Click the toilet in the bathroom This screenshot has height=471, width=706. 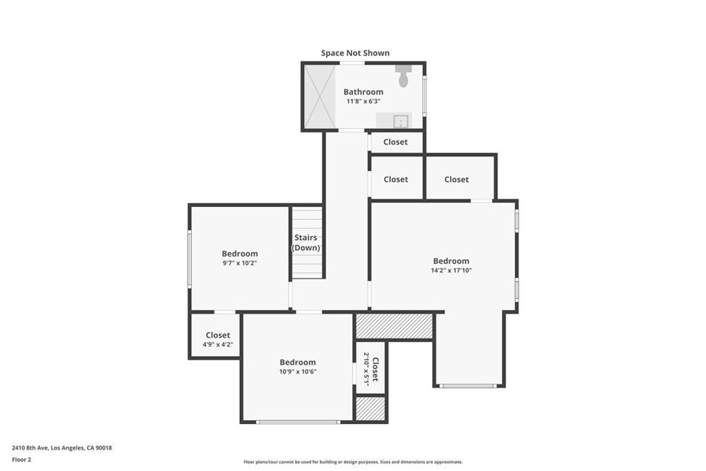pyautogui.click(x=403, y=77)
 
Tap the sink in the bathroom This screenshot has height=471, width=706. pyautogui.click(x=401, y=122)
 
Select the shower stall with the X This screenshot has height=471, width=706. pyautogui.click(x=320, y=97)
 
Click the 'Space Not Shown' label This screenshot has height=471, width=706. pyautogui.click(x=355, y=53)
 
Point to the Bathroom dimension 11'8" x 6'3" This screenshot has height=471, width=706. pyautogui.click(x=363, y=101)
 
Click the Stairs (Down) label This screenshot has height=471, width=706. pyautogui.click(x=305, y=243)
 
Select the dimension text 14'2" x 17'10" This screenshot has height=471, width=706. pyautogui.click(x=451, y=270)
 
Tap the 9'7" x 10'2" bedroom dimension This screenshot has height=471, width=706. pyautogui.click(x=240, y=263)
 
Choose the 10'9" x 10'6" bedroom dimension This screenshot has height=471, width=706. pyautogui.click(x=298, y=371)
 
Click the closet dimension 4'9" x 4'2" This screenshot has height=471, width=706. pyautogui.click(x=218, y=344)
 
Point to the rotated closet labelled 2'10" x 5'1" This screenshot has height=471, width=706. pyautogui.click(x=371, y=369)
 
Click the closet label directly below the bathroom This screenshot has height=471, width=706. pyautogui.click(x=396, y=142)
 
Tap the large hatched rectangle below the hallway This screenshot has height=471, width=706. pyautogui.click(x=394, y=325)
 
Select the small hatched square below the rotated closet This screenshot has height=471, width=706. pyautogui.click(x=370, y=408)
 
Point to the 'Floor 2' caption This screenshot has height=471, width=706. pyautogui.click(x=21, y=459)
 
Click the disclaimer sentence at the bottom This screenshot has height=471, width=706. pyautogui.click(x=353, y=462)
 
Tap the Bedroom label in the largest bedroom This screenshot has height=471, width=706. pyautogui.click(x=451, y=261)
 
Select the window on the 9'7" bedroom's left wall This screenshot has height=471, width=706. pyautogui.click(x=190, y=259)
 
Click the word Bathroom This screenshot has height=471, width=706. pyautogui.click(x=363, y=92)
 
